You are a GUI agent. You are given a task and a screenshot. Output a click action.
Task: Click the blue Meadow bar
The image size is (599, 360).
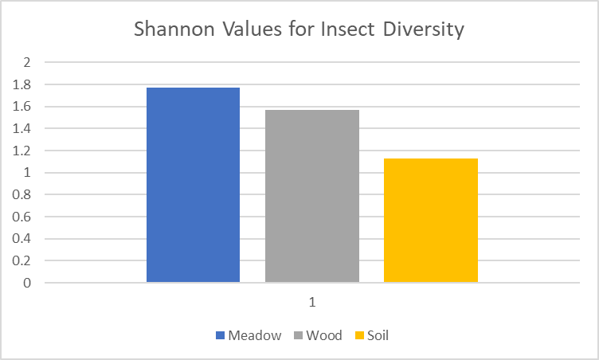coord(193,185)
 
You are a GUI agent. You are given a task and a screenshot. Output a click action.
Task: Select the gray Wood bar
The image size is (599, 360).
coord(311,196)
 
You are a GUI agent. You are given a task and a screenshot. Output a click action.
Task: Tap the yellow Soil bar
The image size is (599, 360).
coord(430,220)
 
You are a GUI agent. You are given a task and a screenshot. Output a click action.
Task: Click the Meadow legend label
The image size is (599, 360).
coord(255,335)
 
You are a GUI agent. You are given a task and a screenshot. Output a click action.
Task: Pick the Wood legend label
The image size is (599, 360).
coord(324,335)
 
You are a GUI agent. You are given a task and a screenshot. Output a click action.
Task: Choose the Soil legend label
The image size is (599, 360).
coord(378,335)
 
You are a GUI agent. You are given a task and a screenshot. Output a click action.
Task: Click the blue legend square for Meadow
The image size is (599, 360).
coord(220,336)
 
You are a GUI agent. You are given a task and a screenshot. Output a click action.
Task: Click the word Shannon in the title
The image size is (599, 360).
coord(170,31)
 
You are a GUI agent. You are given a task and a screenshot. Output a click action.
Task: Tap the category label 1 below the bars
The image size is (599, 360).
coord(312,303)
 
